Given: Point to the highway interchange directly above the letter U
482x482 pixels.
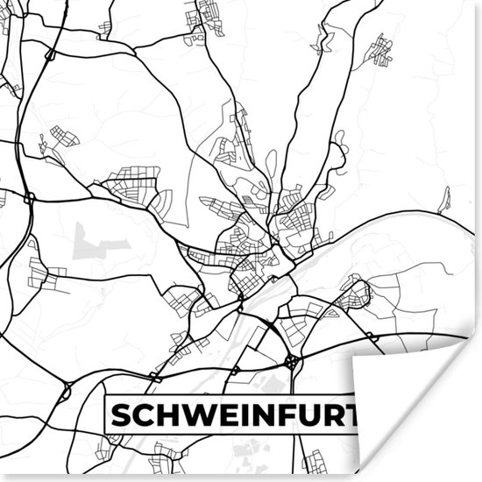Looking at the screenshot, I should pos(292,361).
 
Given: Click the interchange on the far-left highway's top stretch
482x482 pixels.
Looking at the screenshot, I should pos(50,55).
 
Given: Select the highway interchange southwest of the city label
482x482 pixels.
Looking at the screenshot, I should pos(66,392).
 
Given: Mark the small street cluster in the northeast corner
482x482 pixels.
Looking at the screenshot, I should pos(379,50).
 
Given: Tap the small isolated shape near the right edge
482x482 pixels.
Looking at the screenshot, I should pos(445,200).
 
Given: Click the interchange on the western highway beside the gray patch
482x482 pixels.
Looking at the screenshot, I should pos(29,198).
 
